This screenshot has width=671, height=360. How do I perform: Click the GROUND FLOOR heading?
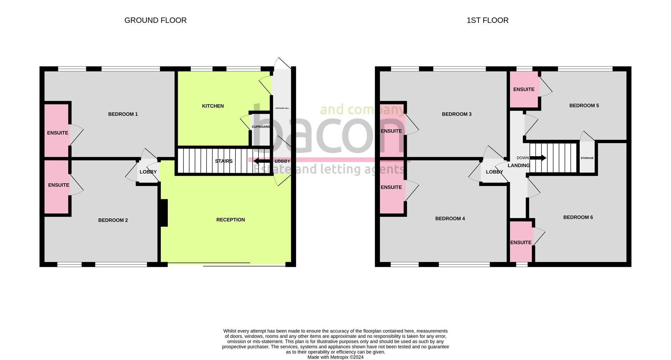[x=155, y=20]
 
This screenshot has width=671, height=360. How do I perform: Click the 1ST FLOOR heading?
[x=487, y=20]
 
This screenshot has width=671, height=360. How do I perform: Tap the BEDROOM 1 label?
[x=123, y=114]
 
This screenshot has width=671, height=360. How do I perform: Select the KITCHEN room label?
[x=212, y=106]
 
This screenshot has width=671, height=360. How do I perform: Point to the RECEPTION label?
[x=230, y=220]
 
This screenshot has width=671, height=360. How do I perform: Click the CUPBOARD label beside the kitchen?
[x=261, y=127]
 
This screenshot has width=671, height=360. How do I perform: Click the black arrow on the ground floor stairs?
[x=261, y=161]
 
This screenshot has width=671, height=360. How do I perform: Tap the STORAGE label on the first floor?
[x=587, y=158]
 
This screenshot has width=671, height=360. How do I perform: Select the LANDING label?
[x=518, y=166]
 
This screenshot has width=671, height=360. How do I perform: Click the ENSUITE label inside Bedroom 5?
[x=524, y=89]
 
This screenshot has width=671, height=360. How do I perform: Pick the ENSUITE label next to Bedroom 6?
[x=520, y=243]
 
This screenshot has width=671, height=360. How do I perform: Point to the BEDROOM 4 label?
[x=450, y=219]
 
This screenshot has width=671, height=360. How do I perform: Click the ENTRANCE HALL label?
[x=282, y=108]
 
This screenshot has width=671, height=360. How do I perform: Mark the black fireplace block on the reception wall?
[x=164, y=213]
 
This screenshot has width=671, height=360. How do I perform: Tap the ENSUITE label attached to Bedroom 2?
[x=58, y=185]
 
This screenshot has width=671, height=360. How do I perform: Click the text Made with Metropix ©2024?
[x=335, y=357]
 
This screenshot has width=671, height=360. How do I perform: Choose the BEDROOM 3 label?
[x=456, y=114]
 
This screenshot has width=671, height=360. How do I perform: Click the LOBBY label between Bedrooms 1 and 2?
[x=148, y=172]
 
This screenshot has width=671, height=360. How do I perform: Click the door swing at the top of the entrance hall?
[x=282, y=64]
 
